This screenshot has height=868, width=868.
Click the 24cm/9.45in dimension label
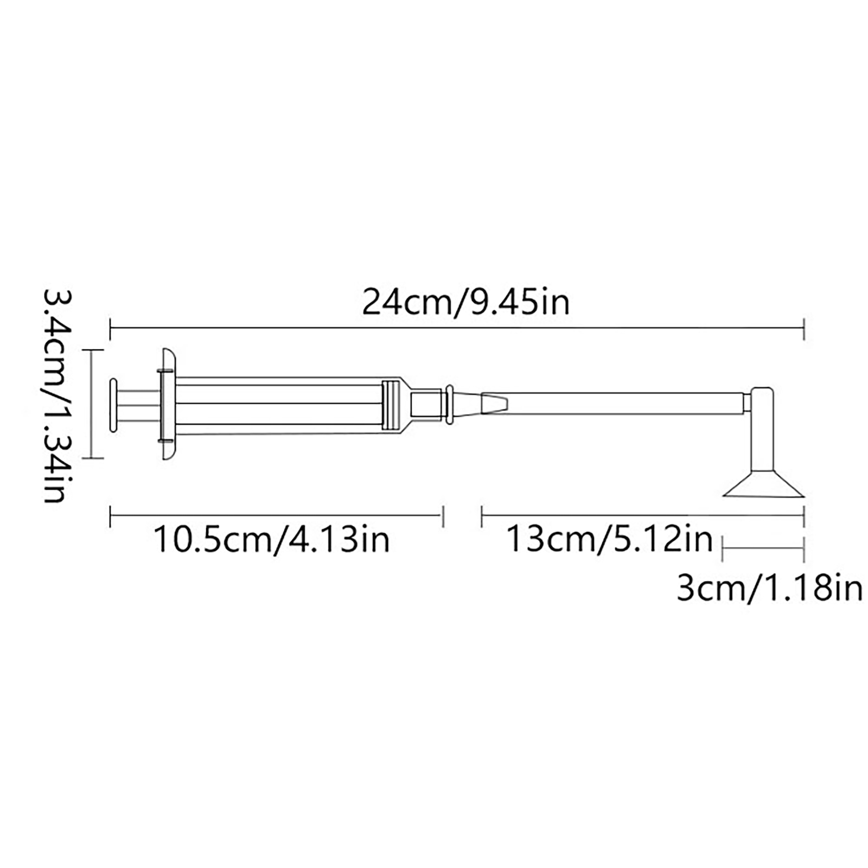(466, 302)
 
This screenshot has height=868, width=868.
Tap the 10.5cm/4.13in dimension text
(272, 540)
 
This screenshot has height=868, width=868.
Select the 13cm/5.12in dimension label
(609, 539)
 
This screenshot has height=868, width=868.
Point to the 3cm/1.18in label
(769, 588)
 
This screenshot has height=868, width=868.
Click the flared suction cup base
(764, 484)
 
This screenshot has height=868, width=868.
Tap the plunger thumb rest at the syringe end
(113, 405)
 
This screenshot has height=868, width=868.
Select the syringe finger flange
(168, 405)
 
